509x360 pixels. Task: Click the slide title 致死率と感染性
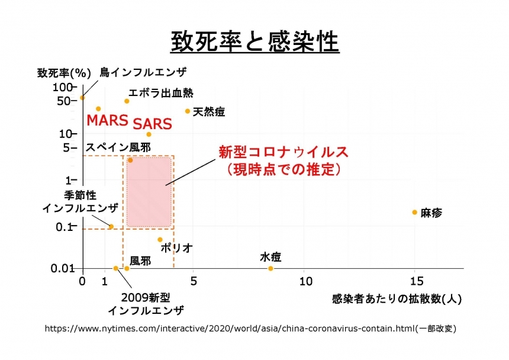254,42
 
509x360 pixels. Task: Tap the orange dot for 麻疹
415,212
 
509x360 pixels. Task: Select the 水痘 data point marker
270,268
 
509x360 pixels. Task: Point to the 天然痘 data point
188,111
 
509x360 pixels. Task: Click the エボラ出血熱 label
161,92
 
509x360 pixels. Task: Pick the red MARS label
107,120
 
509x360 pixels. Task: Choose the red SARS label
152,124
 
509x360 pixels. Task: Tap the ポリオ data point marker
160,240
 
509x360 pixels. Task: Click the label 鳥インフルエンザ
143,72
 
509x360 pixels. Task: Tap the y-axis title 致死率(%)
64,73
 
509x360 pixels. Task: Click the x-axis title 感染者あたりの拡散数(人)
397,299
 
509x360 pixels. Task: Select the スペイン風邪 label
118,147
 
